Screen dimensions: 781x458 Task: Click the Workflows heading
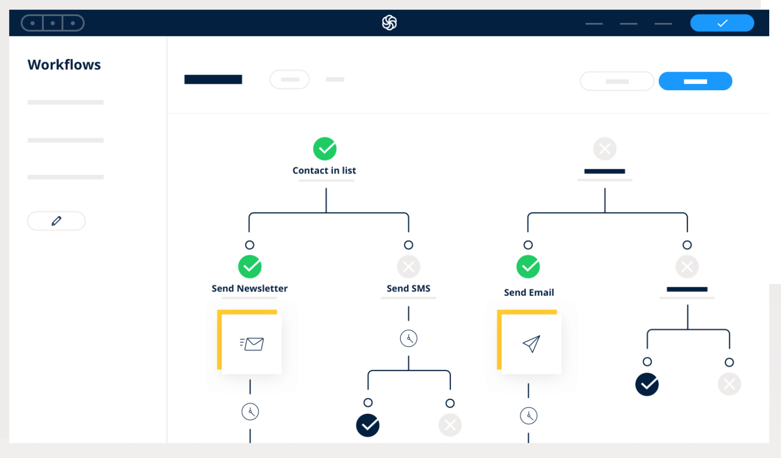[64, 65]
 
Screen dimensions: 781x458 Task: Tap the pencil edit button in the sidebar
[57, 221]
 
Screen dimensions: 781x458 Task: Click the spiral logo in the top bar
[389, 23]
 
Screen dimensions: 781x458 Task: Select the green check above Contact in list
[325, 149]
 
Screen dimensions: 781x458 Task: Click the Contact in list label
[324, 170]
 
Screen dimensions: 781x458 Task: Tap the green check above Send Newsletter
[249, 267]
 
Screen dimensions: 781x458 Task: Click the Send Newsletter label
[249, 288]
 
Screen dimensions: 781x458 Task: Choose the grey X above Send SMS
[409, 267]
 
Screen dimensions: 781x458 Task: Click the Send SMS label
[409, 288]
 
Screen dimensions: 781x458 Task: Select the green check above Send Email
[528, 267]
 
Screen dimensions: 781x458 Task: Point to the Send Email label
[529, 292]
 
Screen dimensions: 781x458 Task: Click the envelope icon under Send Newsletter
[252, 344]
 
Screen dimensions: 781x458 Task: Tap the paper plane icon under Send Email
[532, 344]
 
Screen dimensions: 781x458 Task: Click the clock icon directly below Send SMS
[409, 338]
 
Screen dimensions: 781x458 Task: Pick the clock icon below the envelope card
[251, 412]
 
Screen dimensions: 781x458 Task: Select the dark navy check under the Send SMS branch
[368, 425]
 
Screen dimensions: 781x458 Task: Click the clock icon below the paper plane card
[528, 416]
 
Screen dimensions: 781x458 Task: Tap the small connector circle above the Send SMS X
[409, 245]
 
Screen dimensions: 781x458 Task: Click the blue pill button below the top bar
[695, 81]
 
